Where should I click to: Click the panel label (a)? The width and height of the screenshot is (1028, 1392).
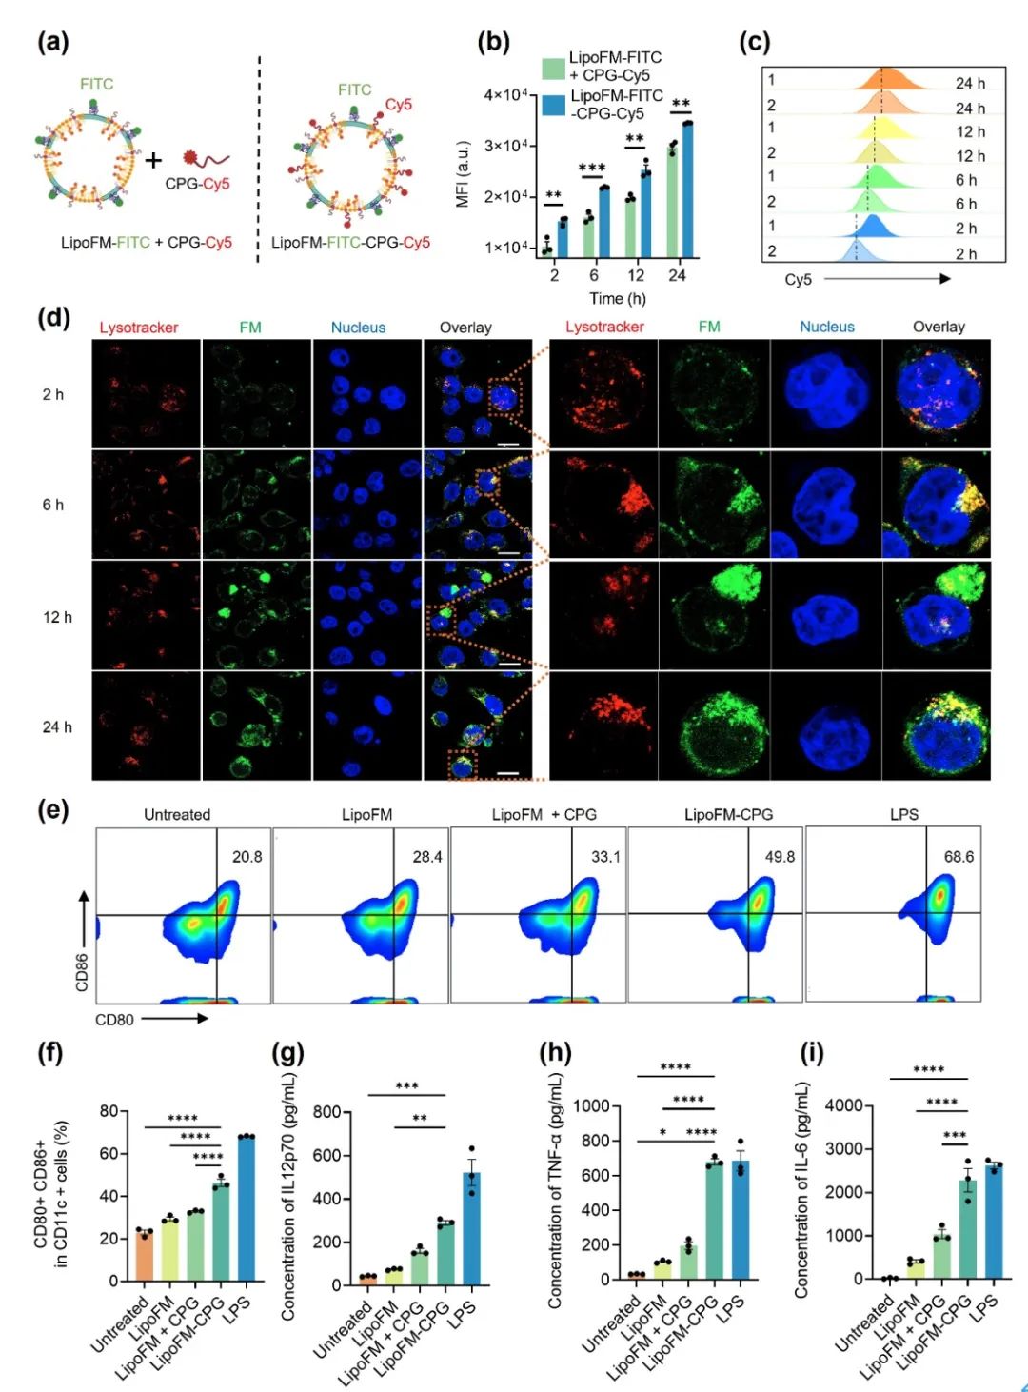[52, 43]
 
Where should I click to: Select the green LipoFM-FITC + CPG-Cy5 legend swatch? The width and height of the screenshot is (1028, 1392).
[553, 68]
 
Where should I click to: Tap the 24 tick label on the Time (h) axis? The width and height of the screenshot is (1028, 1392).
[677, 275]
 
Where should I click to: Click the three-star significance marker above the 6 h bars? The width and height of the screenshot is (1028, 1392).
[592, 169]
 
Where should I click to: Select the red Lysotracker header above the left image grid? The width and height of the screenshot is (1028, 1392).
[139, 328]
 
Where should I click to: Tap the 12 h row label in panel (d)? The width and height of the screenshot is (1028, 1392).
[57, 617]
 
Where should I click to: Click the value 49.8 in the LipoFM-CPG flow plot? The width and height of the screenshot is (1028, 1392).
[780, 857]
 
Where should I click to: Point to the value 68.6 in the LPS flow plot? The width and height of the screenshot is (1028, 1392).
[959, 857]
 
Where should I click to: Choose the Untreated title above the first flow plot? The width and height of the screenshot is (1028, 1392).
[177, 815]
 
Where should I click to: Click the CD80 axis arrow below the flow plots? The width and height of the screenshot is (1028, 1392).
[175, 1019]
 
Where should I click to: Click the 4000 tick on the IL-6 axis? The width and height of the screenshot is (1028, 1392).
[844, 1105]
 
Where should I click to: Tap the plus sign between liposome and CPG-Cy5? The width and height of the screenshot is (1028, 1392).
[154, 159]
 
